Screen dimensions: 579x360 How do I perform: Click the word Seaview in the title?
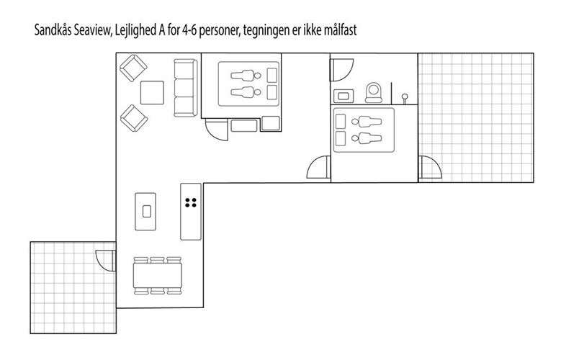tap(92, 30)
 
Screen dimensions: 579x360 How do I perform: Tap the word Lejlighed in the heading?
tap(135, 30)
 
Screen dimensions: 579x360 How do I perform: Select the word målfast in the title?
tap(340, 30)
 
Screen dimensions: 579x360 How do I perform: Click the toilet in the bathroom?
tap(374, 92)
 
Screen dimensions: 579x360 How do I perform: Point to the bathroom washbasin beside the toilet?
tap(344, 96)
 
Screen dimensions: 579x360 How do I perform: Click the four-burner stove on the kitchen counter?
tap(191, 203)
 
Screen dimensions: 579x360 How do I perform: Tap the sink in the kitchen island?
tap(147, 212)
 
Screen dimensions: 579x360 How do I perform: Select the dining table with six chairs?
tap(158, 276)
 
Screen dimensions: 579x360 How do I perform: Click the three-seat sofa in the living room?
tap(185, 88)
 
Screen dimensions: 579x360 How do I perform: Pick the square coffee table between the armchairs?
tap(152, 92)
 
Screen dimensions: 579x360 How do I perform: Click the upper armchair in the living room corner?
tap(133, 68)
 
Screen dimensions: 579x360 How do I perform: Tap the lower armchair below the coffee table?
tap(134, 118)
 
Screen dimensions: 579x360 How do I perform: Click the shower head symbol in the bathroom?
tap(405, 98)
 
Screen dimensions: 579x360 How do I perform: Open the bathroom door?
tap(341, 70)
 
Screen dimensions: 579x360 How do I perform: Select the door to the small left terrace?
tap(106, 261)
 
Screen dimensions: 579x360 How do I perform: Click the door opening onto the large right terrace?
tap(430, 167)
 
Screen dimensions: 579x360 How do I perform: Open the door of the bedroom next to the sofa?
tap(217, 130)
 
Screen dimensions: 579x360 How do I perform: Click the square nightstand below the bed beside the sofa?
tap(271, 123)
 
